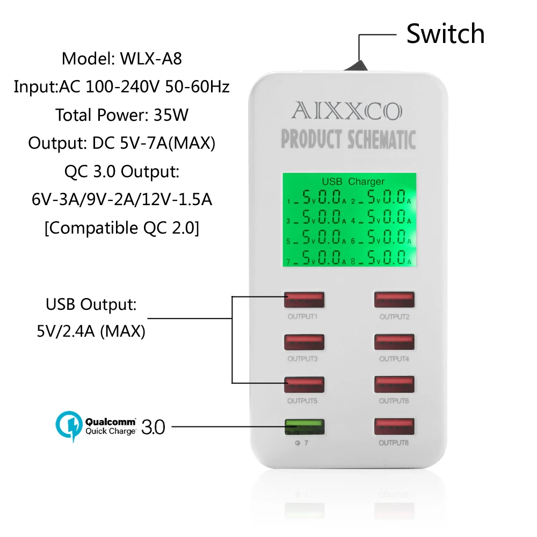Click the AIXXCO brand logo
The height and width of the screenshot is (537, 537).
346,111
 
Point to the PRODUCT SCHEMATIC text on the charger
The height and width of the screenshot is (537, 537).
349,139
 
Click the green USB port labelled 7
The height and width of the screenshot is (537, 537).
304,427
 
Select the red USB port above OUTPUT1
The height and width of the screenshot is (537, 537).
304,300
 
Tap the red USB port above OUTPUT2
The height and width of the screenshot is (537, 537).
395,300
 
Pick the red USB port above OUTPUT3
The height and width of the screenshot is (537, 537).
304,342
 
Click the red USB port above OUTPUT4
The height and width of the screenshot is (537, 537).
395,342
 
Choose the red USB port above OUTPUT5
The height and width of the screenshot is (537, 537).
304,384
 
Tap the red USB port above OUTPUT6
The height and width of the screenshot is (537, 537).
395,384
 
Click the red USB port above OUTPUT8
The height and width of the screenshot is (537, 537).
395,427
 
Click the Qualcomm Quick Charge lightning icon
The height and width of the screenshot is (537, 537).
68,424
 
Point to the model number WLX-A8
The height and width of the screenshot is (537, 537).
151,58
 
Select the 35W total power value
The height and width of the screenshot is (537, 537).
170,114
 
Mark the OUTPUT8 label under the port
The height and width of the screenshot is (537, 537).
395,443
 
